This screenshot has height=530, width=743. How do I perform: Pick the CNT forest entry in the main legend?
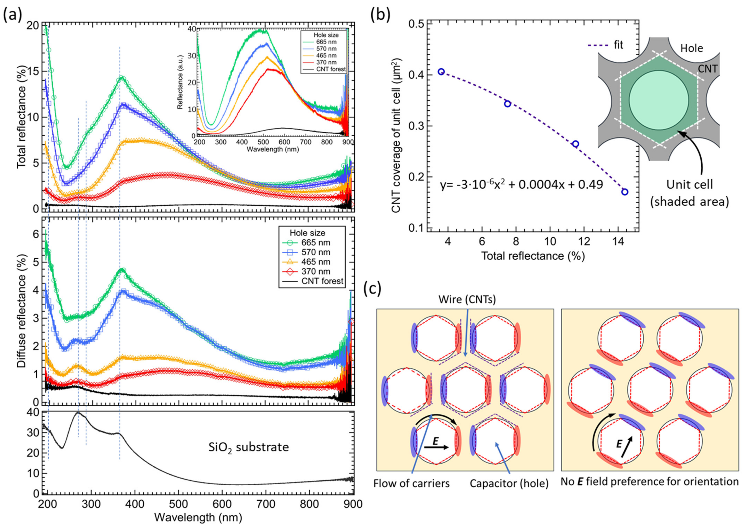point(322,281)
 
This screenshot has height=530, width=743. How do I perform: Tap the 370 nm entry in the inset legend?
point(326,62)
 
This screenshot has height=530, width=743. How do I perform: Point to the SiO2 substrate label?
point(248,447)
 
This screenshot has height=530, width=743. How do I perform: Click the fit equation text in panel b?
point(521,185)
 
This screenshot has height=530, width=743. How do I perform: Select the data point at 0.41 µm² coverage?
point(441,72)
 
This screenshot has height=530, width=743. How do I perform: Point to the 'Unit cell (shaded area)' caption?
point(689,193)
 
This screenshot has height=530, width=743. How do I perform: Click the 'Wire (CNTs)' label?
point(467,299)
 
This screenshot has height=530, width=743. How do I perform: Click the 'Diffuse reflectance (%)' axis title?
point(21,312)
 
